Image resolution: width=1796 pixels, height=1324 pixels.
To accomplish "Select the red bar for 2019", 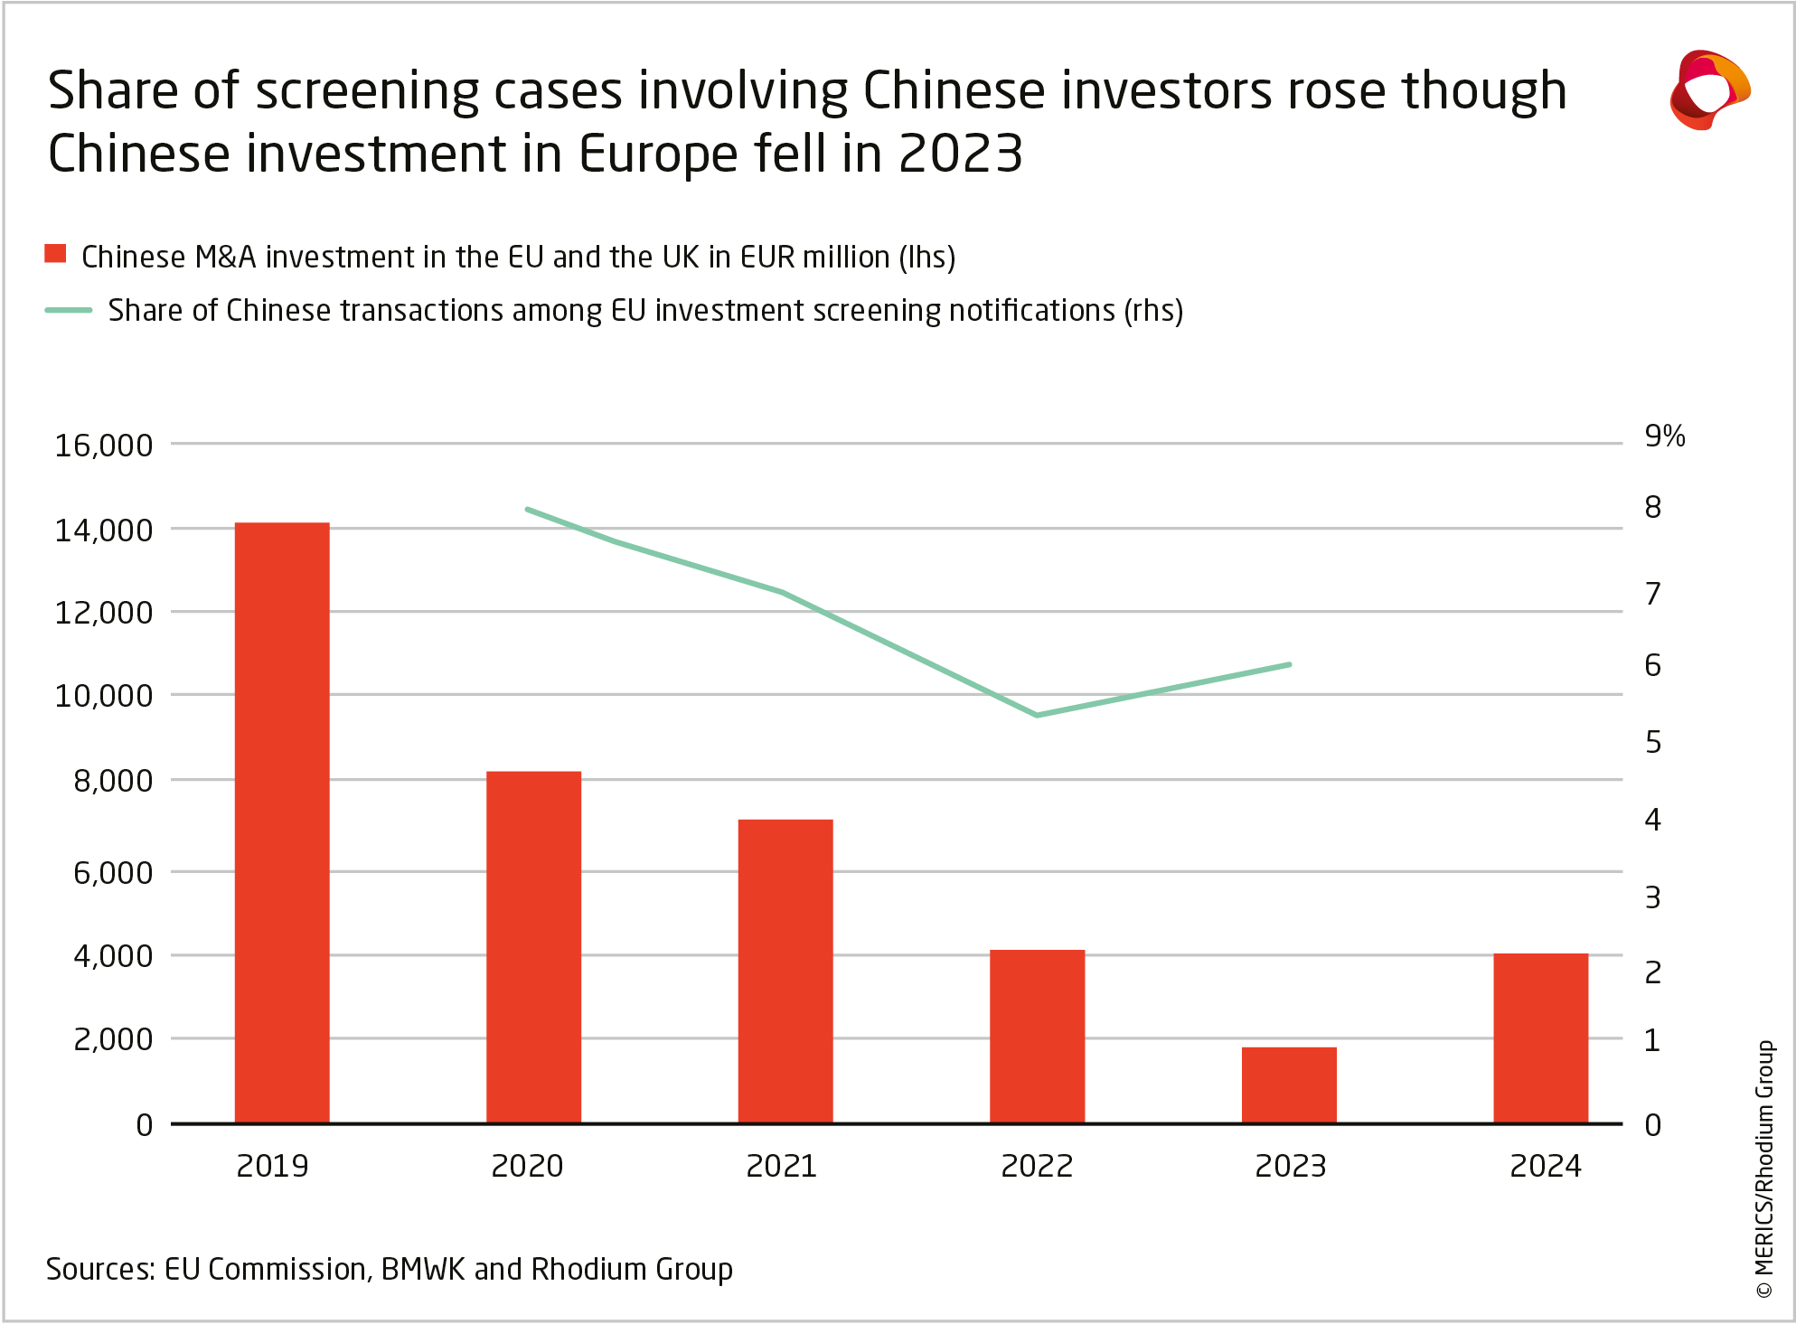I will [x=282, y=822].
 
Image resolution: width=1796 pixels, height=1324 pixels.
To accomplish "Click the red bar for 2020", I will [x=533, y=947].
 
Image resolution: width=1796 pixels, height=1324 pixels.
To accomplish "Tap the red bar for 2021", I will [x=785, y=972].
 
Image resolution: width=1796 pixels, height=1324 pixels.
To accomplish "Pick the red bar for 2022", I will [x=1037, y=1037].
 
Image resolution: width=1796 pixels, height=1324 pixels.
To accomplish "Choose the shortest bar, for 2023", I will [x=1289, y=1085].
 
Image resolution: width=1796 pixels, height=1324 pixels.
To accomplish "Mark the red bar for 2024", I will [x=1540, y=1038].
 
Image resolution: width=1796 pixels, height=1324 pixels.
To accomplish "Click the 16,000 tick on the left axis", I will [x=104, y=446].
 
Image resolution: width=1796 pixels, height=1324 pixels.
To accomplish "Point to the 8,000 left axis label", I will [x=113, y=781].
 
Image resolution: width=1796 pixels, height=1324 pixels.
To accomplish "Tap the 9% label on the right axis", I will [x=1664, y=437].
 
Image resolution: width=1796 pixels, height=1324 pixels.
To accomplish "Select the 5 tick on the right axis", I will [x=1653, y=743].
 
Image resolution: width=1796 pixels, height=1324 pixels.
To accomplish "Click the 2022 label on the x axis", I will [x=1037, y=1167].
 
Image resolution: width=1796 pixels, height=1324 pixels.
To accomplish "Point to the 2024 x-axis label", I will [x=1546, y=1167].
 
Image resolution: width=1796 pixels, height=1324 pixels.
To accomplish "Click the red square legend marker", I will [x=56, y=254].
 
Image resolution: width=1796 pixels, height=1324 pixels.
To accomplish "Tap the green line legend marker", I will [x=69, y=310].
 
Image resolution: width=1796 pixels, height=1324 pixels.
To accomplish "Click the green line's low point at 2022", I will [x=1037, y=715].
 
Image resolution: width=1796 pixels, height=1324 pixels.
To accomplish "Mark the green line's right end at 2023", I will [x=1289, y=664].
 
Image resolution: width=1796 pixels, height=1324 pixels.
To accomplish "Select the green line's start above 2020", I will [x=528, y=510].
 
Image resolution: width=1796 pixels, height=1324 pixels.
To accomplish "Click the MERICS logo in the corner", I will [x=1709, y=90].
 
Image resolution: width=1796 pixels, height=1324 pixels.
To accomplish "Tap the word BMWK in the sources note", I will [x=422, y=1270].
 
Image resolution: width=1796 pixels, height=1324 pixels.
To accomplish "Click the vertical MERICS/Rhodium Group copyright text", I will [x=1764, y=1170].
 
